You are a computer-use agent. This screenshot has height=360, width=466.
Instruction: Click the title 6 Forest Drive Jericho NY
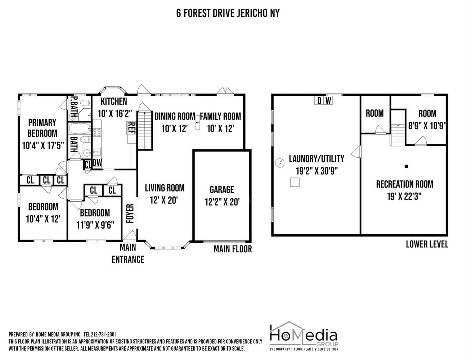(x=228, y=13)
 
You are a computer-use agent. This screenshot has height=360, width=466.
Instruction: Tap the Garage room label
(x=222, y=190)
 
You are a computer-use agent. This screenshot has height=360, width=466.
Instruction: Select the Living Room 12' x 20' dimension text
(x=164, y=201)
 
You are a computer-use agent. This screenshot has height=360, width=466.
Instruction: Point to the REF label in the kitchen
(x=132, y=128)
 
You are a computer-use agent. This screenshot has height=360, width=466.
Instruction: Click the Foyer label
(x=130, y=213)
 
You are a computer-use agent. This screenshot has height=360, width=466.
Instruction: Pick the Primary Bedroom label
(x=42, y=128)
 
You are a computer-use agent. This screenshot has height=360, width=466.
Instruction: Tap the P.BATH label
(x=74, y=107)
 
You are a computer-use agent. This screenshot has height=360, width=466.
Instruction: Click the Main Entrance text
(x=128, y=253)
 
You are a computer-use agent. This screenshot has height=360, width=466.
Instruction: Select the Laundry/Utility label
(x=317, y=159)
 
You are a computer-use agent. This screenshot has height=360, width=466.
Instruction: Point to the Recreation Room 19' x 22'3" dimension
(x=404, y=196)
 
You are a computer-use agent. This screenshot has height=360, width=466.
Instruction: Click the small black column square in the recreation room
(x=406, y=166)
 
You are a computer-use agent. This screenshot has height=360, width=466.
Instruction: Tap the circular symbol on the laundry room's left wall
(x=280, y=163)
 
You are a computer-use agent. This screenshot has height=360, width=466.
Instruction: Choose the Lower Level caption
(x=427, y=244)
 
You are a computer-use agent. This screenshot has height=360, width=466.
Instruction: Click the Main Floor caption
(x=233, y=249)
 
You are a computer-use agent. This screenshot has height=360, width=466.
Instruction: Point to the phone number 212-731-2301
(x=104, y=334)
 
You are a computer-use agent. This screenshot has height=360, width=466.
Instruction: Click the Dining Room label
(x=175, y=116)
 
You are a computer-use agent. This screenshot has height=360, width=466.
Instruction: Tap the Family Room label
(x=220, y=116)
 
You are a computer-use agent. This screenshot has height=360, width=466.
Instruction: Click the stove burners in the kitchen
(x=97, y=132)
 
